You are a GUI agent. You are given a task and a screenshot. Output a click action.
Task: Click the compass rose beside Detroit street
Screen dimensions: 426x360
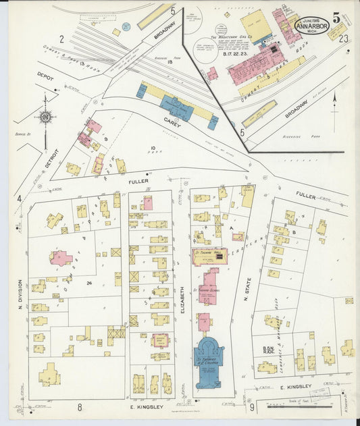[x=45, y=117]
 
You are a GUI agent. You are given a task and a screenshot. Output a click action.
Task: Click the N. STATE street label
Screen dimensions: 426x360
[x=248, y=290]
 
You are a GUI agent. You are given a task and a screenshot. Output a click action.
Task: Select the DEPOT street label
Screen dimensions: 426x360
[x=45, y=77]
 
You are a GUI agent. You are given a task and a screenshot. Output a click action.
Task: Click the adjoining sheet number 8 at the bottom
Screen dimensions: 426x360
[x=79, y=406]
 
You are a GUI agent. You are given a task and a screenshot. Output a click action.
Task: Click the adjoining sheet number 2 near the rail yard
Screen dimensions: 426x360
[x=61, y=39]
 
